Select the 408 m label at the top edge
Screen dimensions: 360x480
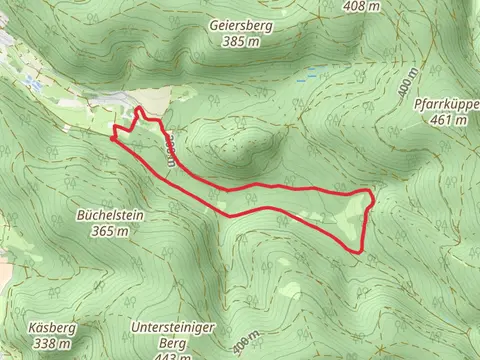point(361,6)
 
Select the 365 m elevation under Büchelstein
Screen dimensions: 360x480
point(110,231)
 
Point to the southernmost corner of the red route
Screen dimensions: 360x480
point(358,250)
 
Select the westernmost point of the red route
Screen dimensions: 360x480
point(110,138)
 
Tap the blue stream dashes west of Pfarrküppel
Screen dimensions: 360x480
point(311,76)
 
